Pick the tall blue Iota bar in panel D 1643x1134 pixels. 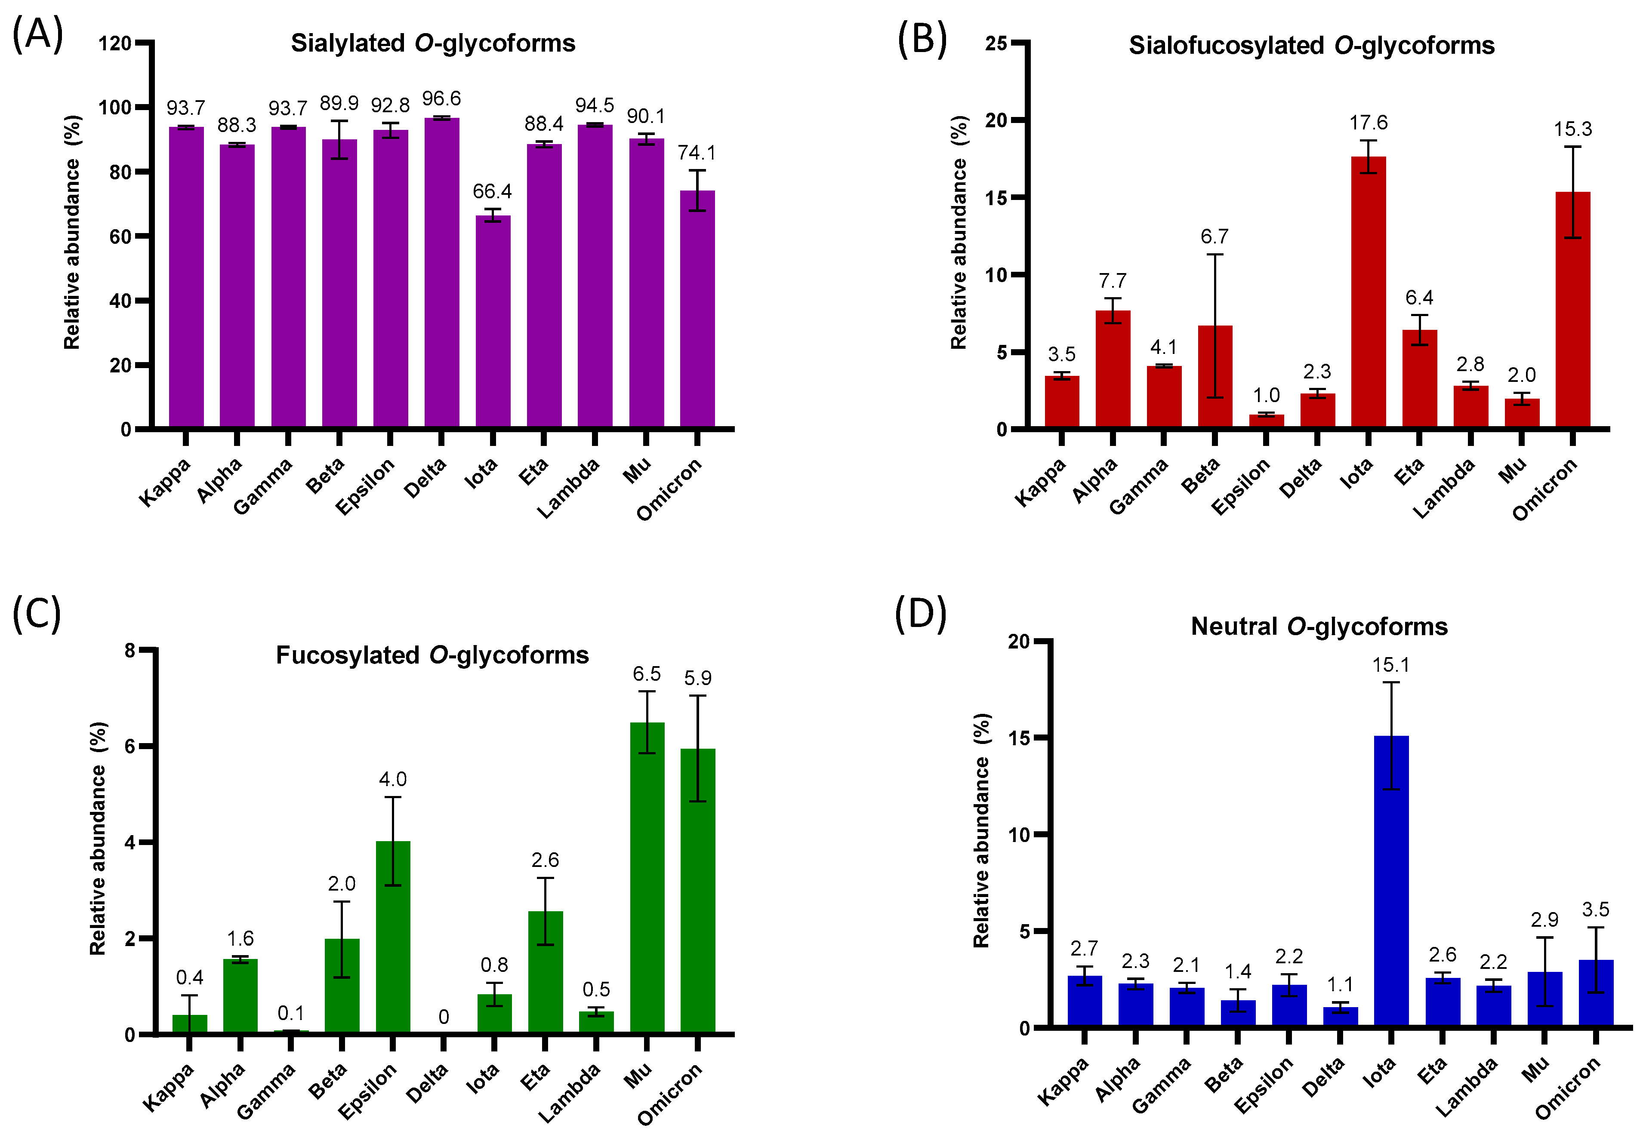click(x=1391, y=881)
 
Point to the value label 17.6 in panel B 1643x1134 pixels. click(x=1368, y=123)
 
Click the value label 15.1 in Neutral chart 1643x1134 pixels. click(x=1391, y=665)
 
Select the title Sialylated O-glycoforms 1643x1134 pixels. click(x=433, y=43)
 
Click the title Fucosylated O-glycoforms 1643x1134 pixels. click(x=432, y=655)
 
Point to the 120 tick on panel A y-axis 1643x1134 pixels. click(x=114, y=43)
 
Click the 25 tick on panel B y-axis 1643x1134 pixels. click(x=996, y=43)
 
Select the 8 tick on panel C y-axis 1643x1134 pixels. click(x=129, y=650)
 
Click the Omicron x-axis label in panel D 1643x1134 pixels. click(x=1566, y=1088)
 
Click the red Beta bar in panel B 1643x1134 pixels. click(x=1215, y=377)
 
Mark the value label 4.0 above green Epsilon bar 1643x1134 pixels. click(x=392, y=780)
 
